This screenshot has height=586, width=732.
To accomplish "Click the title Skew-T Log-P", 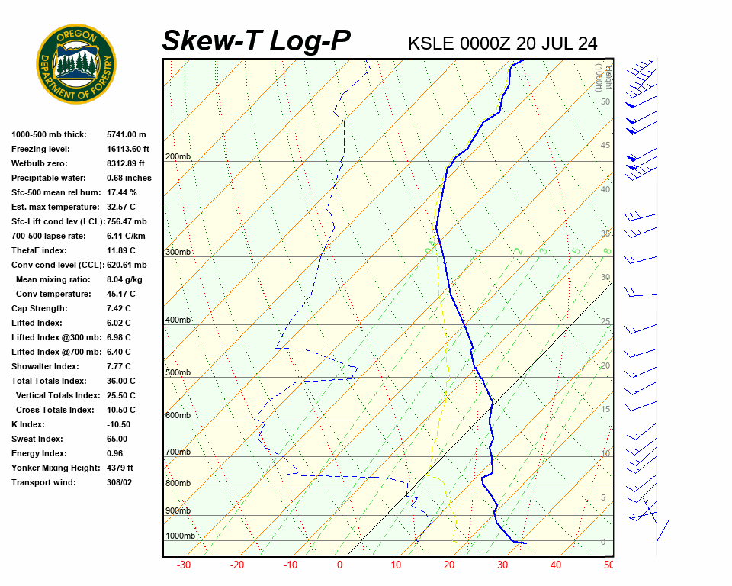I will click(x=256, y=41).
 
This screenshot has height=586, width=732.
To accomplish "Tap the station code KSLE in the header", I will click(x=431, y=43).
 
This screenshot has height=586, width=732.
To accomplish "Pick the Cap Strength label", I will click(x=39, y=308).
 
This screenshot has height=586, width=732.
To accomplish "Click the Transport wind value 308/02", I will click(x=120, y=482).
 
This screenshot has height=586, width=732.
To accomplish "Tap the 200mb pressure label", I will click(x=178, y=156).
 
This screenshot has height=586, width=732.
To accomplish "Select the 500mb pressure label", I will click(x=178, y=372).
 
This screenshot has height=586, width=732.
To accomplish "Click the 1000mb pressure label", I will click(x=180, y=536).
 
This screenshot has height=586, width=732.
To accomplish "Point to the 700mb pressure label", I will click(x=178, y=452).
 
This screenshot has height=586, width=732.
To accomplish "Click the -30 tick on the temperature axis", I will click(x=184, y=565).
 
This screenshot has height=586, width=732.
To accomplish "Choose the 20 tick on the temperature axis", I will click(x=449, y=565).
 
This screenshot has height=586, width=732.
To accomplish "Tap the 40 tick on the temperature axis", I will click(x=556, y=565).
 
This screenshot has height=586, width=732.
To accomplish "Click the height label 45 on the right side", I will click(x=605, y=146).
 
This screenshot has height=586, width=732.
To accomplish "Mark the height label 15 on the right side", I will click(x=605, y=410).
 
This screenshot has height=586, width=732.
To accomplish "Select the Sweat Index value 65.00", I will click(x=117, y=439).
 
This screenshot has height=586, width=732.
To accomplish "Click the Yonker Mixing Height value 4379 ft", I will click(x=120, y=468).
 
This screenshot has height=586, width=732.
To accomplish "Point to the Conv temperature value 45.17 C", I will click(x=121, y=294).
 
